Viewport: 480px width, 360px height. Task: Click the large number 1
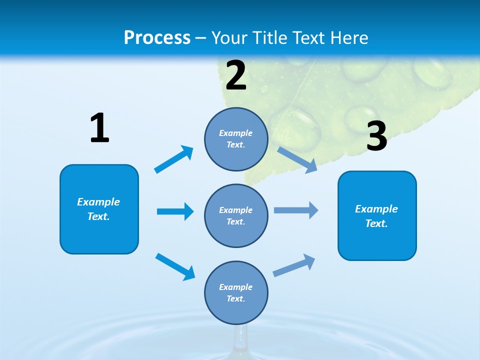point(99,128)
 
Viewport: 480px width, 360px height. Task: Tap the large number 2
point(236,75)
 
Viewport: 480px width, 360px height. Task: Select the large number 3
point(377,136)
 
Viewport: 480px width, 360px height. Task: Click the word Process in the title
point(157,37)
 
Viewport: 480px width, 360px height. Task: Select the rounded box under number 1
point(99,209)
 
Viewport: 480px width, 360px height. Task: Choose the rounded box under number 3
point(377,215)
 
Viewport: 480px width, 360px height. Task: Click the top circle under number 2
point(236,139)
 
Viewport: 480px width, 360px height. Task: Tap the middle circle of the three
point(236,215)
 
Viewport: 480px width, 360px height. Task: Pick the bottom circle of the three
point(236,292)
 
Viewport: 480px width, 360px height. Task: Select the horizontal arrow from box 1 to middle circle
point(175,211)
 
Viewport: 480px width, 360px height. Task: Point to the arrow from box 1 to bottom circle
point(175,266)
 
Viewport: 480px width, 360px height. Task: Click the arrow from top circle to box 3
point(297,159)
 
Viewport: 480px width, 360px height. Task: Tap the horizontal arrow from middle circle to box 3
point(296,210)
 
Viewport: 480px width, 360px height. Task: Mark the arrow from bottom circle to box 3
point(294,265)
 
